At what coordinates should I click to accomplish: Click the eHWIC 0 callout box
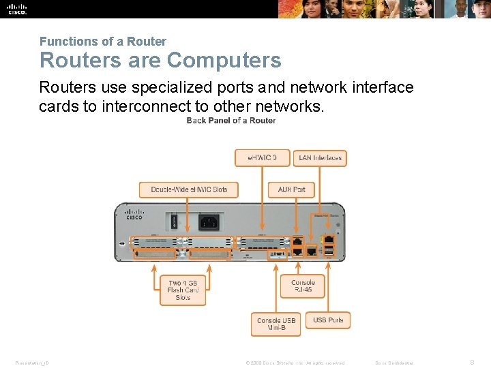point(262,157)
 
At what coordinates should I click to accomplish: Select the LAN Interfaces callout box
point(320,157)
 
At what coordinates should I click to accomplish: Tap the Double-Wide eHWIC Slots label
point(189,189)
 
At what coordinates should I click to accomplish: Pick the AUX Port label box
point(291,189)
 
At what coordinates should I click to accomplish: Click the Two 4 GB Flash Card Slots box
point(183,290)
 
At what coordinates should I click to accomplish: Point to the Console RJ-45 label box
point(303,286)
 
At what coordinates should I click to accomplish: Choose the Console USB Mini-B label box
point(276,324)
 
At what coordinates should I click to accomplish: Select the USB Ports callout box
point(328,320)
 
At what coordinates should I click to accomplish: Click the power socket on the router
point(209,221)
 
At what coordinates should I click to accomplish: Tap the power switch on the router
point(174,221)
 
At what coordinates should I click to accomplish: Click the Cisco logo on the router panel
point(134,214)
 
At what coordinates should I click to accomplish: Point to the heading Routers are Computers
point(160,60)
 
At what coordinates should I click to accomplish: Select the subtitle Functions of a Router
point(102,42)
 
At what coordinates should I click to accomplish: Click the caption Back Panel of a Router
point(231,121)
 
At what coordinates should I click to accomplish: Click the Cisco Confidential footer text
point(394,363)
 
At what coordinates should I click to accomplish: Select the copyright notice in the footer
point(295,363)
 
